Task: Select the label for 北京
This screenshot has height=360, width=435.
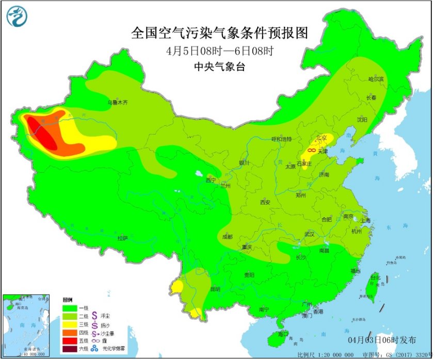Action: pyautogui.click(x=322, y=138)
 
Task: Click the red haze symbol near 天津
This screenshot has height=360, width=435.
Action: pyautogui.click(x=312, y=150)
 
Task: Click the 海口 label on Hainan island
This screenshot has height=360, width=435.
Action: pyautogui.click(x=283, y=334)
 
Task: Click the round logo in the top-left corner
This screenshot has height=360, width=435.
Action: pyautogui.click(x=15, y=17)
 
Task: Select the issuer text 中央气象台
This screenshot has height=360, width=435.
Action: pyautogui.click(x=219, y=66)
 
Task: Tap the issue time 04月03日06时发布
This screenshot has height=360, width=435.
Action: pyautogui.click(x=381, y=339)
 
